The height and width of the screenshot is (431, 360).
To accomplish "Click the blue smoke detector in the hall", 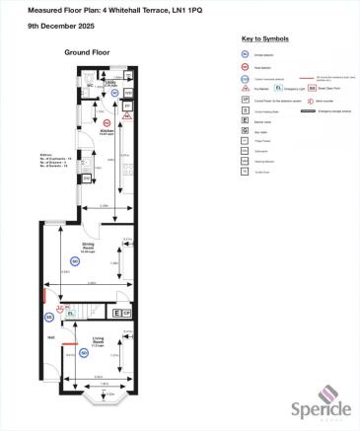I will click(48, 317).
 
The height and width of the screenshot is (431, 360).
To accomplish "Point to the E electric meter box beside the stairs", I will click(116, 313).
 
